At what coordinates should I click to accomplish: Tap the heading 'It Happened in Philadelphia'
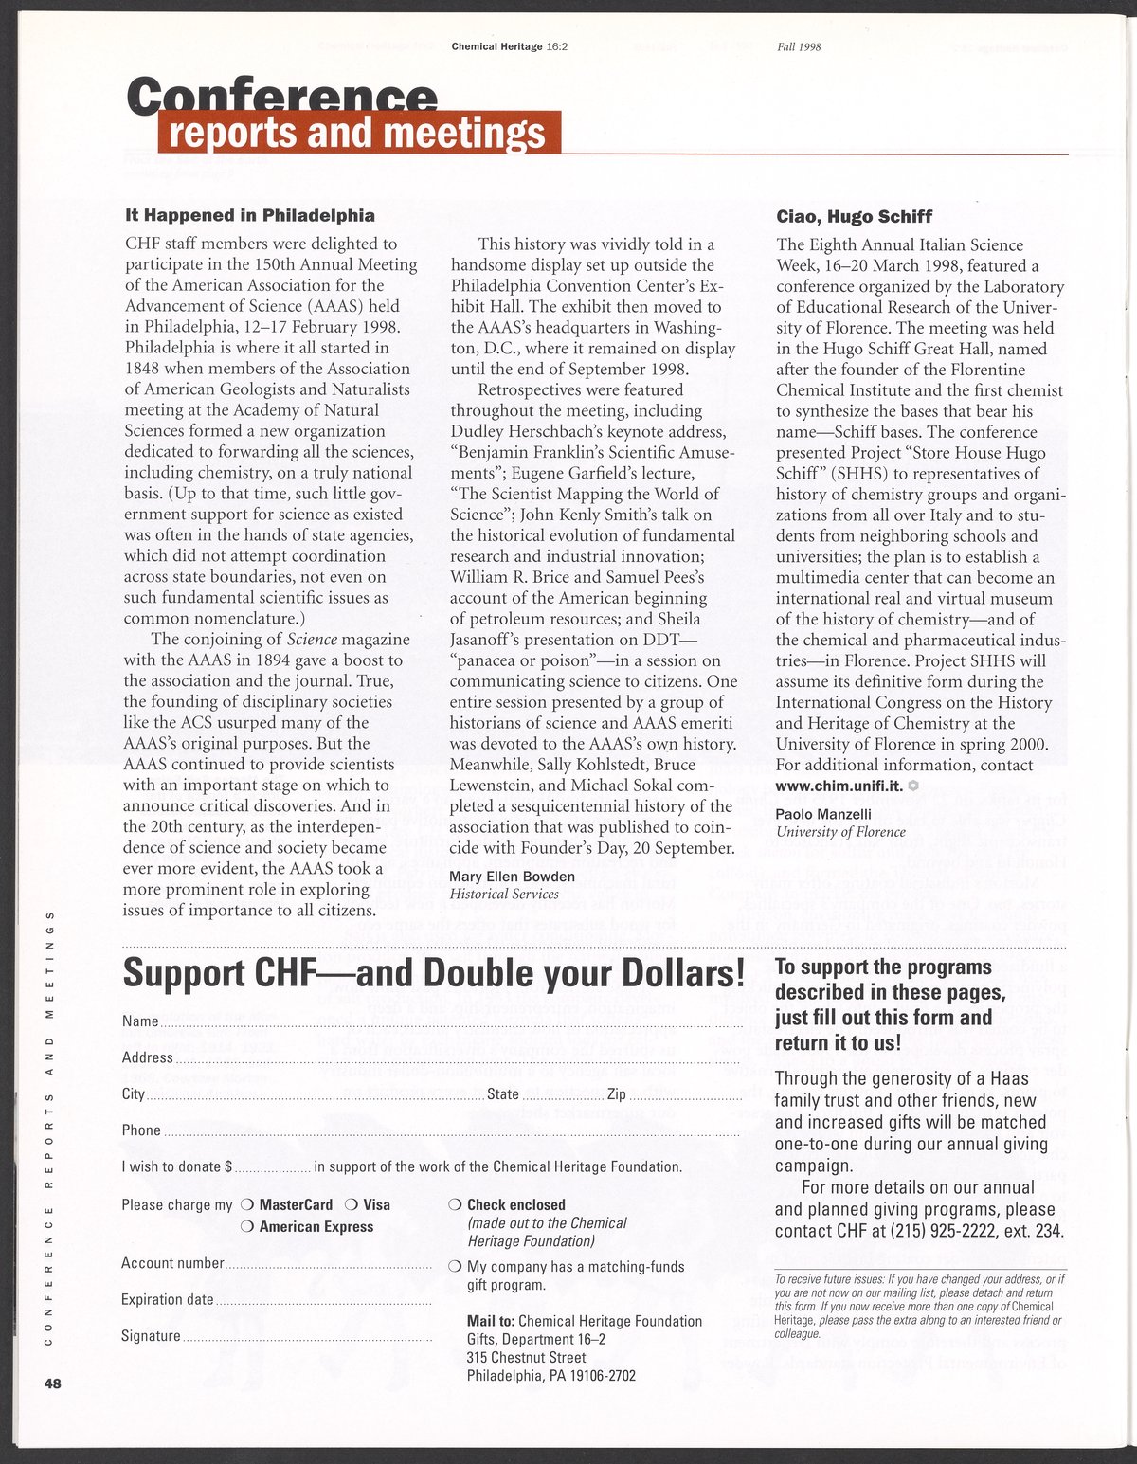coord(249,215)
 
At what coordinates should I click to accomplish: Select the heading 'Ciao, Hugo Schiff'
coord(854,216)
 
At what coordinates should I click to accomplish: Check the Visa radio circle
coord(351,1205)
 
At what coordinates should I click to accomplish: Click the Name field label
coord(139,1021)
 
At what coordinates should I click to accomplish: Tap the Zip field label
coord(616,1094)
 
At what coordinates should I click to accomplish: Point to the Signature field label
coord(151,1336)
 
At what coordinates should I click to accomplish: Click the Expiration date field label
coord(168,1300)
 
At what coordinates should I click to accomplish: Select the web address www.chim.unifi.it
coord(839,786)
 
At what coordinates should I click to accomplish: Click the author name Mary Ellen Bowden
coord(512,876)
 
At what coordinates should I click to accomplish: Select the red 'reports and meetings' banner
coord(359,133)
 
